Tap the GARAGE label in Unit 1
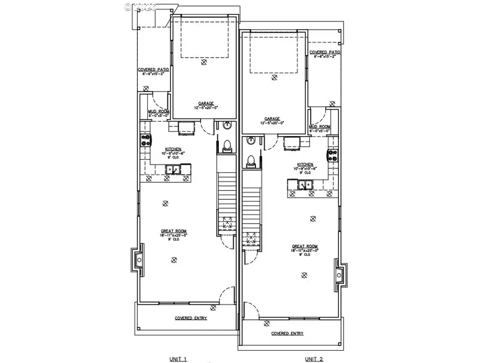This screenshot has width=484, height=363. click(x=206, y=103)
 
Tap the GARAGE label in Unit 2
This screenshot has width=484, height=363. click(x=273, y=119)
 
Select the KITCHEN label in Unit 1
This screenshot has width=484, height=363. click(x=173, y=149)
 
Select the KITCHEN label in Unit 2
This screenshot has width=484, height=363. click(x=305, y=165)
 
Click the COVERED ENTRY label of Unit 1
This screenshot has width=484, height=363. click(x=191, y=318)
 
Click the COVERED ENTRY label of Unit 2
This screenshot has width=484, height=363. click(x=287, y=333)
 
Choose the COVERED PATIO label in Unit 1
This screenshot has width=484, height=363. click(x=153, y=69)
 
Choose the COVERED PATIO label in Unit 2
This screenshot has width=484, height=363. click(x=325, y=52)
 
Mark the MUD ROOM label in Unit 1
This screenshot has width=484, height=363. click(x=159, y=111)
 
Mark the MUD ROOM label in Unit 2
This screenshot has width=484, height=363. click(x=319, y=127)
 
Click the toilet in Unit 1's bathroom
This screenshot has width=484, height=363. click(x=226, y=144)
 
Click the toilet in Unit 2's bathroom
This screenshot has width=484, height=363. click(x=251, y=160)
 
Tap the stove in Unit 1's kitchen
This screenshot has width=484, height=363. click(x=145, y=141)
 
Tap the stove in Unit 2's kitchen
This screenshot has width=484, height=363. click(x=333, y=156)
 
